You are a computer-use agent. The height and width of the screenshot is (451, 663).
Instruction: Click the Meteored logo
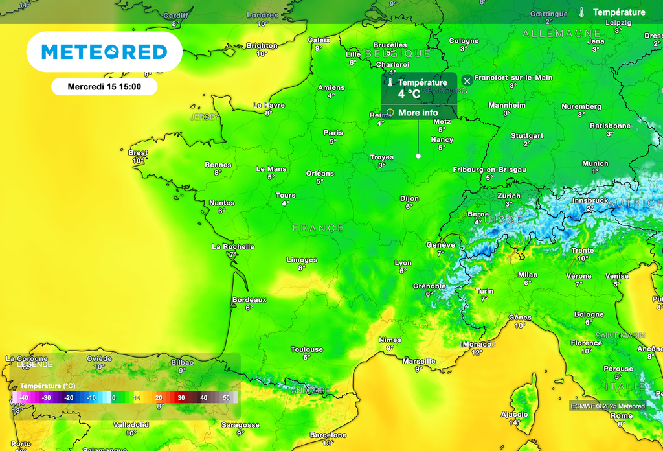pyautogui.click(x=104, y=52)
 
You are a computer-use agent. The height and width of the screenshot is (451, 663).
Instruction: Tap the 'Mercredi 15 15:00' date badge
pyautogui.click(x=104, y=86)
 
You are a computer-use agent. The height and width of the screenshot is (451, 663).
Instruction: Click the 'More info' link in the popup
pyautogui.click(x=418, y=113)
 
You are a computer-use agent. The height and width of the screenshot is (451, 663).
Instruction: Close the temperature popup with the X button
pyautogui.click(x=467, y=81)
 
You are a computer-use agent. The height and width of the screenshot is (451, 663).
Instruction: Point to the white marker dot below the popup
pyautogui.click(x=418, y=156)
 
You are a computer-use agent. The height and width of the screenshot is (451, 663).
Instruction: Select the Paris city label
pyautogui.click(x=333, y=133)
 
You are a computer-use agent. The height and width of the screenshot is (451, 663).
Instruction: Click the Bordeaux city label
pyautogui.click(x=249, y=300)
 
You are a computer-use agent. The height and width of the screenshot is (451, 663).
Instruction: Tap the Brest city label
pyautogui.click(x=138, y=153)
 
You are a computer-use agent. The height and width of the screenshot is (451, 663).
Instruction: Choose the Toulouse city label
pyautogui.click(x=307, y=349)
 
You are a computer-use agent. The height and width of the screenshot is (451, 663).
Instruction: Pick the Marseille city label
pyautogui.click(x=419, y=361)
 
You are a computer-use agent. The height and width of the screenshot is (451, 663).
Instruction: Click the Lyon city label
pyautogui.click(x=403, y=263)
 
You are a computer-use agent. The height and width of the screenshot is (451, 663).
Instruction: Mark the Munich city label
pyautogui.click(x=595, y=163)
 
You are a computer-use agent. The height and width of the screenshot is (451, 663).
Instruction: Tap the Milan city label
pyautogui.click(x=528, y=275)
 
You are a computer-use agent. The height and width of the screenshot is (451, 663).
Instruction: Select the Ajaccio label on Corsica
pyautogui.click(x=515, y=415)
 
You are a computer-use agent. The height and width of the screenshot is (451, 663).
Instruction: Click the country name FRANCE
pyautogui.click(x=318, y=228)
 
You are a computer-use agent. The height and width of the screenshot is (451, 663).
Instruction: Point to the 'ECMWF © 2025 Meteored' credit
pyautogui.click(x=608, y=406)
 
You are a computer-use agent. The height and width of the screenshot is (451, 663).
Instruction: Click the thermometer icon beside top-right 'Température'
pyautogui.click(x=583, y=12)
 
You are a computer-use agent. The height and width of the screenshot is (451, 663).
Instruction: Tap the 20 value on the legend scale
pyautogui.click(x=159, y=397)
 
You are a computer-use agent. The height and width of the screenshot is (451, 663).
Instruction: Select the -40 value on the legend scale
pyautogui.click(x=24, y=397)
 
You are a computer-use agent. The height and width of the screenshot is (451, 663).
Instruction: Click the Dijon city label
pyautogui.click(x=409, y=199)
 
